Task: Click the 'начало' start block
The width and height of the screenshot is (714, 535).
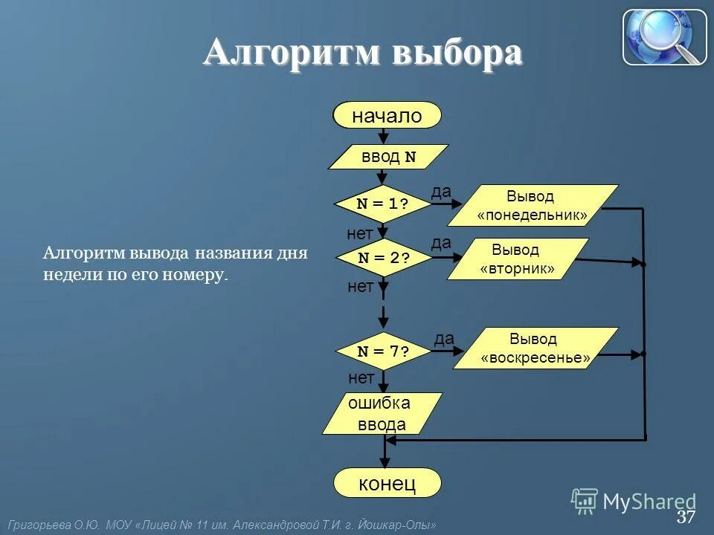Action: point(387,116)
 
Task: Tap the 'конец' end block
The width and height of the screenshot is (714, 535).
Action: point(387,484)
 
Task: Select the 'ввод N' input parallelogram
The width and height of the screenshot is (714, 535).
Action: point(388,158)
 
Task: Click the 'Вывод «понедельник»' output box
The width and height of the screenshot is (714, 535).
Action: point(532,206)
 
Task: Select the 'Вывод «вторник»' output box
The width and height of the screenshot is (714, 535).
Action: point(518,259)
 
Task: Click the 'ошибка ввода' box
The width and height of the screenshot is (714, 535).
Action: point(382,414)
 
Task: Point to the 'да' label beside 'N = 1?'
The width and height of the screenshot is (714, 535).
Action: point(441,192)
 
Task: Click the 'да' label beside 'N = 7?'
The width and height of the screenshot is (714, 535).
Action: point(444,339)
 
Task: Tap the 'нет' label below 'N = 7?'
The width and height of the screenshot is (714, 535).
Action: point(361,378)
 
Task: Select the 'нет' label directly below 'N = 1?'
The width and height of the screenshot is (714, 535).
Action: point(360,234)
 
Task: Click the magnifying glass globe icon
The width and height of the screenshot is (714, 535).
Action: point(664,37)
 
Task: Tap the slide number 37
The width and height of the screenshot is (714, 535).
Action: point(686,516)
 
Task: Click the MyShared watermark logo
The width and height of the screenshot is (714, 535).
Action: point(634,502)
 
